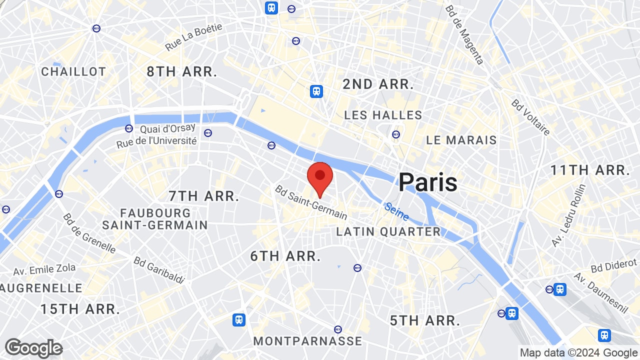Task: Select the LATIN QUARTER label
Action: pos(388,231)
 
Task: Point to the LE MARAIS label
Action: pos(461,140)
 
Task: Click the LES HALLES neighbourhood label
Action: pos(383,115)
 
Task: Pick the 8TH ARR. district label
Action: pos(182,71)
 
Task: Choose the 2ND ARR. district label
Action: pos(378,84)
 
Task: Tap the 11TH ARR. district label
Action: pos(589,170)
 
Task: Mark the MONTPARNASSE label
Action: pos(307,341)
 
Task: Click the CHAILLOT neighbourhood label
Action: pos(73,71)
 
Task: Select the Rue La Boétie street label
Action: pos(193,37)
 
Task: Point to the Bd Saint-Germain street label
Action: pos(310,202)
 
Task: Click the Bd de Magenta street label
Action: pos(464,34)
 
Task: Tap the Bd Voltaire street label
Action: pos(530,117)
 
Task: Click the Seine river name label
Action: pos(396,211)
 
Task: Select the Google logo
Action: pos(33,348)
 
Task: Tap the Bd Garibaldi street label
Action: pos(159,270)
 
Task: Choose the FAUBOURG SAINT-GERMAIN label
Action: pos(155,219)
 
